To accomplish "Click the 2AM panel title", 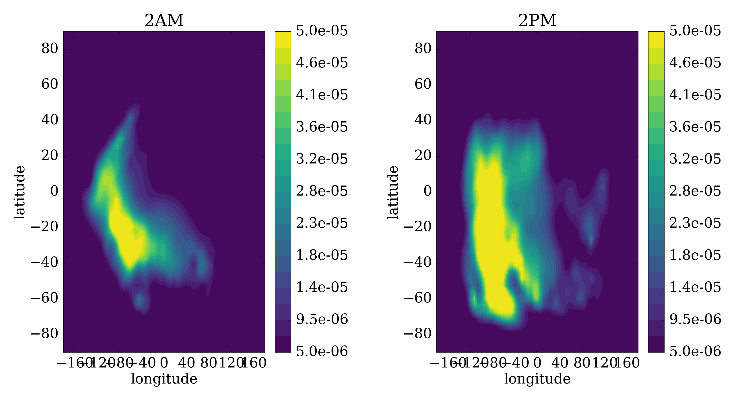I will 164,21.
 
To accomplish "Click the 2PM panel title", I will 537,21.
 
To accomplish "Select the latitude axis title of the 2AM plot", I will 20,192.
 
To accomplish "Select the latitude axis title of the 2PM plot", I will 393,192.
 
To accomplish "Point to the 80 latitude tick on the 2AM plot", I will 50,49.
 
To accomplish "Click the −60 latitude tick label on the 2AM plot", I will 44,299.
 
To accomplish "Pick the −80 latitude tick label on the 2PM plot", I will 417,334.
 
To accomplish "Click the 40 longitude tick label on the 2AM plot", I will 187,363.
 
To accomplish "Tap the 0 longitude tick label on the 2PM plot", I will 537,363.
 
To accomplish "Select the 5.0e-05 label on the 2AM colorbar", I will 322,31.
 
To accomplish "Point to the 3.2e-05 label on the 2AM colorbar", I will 322,159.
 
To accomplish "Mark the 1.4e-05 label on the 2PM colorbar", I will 695,287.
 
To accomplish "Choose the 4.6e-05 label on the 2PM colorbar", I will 695,63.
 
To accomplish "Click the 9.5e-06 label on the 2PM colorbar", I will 695,319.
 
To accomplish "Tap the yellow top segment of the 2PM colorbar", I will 656,39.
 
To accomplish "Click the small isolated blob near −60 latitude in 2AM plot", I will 140,301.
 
